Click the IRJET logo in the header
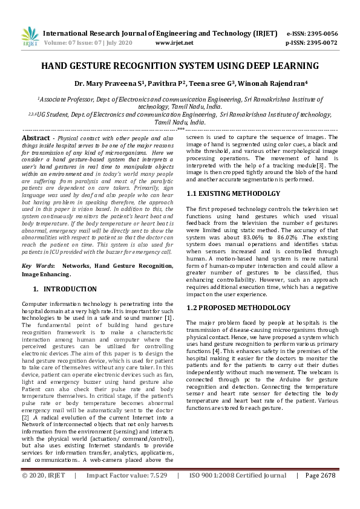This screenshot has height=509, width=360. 30,37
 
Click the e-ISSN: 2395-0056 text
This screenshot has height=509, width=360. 312,33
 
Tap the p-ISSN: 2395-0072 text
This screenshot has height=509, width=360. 312,44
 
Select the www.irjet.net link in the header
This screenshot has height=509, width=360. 174,44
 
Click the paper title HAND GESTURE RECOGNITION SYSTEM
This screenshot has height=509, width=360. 180,65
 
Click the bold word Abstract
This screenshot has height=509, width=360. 36,138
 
